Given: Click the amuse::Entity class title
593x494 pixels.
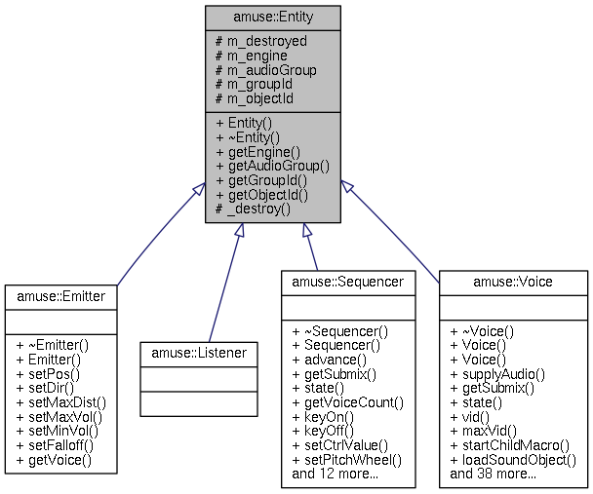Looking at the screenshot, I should (272, 18).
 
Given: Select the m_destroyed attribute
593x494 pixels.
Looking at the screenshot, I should (260, 41).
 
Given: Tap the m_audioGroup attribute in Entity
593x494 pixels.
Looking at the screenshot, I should (265, 70).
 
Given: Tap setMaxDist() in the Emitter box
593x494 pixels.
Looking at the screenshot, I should (60, 400).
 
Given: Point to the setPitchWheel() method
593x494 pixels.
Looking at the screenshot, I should (346, 461).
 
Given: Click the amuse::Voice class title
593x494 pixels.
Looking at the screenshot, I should (513, 282).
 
